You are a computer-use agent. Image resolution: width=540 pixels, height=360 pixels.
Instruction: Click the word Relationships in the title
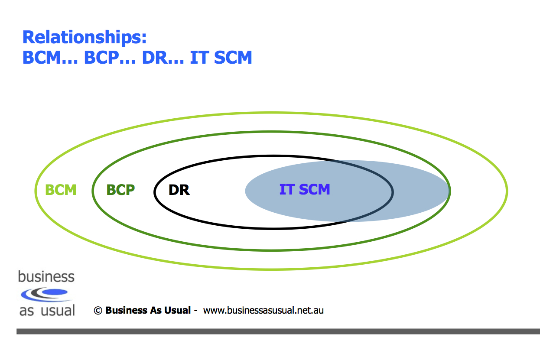(81, 38)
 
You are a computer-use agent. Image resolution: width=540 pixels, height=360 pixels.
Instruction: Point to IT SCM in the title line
(221, 57)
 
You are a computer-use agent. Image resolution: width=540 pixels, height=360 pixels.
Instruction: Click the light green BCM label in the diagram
(61, 190)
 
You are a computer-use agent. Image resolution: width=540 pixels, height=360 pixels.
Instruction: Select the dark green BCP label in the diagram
(120, 190)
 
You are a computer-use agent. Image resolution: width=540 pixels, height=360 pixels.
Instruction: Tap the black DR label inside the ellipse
(179, 190)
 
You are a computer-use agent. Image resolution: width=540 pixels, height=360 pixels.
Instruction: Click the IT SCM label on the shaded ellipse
(305, 189)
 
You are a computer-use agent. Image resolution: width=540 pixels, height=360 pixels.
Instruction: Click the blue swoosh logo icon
(45, 295)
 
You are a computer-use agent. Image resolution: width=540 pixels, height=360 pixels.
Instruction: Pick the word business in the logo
(46, 277)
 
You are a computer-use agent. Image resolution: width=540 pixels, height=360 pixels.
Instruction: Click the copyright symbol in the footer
(98, 310)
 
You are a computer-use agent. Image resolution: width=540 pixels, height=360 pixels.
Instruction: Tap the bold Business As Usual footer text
(148, 310)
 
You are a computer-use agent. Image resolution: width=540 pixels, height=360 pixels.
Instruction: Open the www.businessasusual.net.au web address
(263, 310)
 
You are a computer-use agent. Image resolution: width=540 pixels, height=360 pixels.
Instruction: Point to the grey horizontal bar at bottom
(277, 331)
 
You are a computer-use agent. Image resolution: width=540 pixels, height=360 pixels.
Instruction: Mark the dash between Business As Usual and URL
(196, 310)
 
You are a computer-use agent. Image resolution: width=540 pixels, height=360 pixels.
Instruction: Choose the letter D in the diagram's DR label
(174, 190)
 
